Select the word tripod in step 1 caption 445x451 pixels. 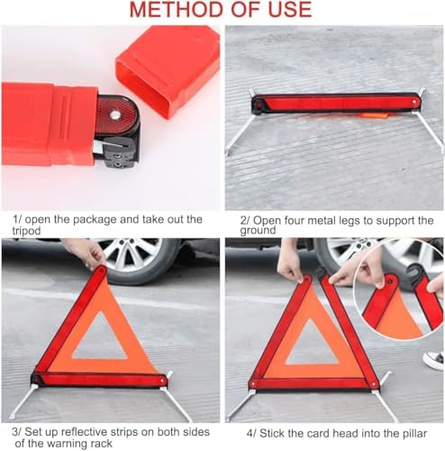26,231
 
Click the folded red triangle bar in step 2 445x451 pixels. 336,103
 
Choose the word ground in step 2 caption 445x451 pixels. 258,230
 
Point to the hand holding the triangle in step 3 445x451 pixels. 86,252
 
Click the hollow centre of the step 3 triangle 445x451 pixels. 100,341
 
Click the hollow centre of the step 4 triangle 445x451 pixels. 313,345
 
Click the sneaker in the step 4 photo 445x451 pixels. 433,360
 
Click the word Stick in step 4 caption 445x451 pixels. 272,434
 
